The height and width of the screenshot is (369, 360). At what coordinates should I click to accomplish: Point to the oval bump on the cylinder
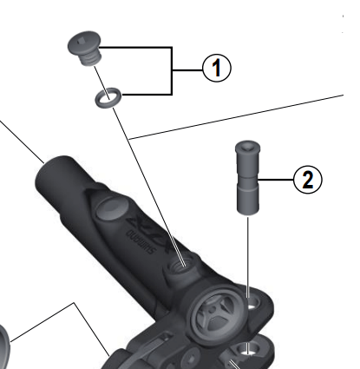111,208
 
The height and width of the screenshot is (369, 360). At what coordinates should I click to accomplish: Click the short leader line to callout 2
278,180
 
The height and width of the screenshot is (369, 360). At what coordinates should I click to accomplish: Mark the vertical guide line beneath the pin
250,252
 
